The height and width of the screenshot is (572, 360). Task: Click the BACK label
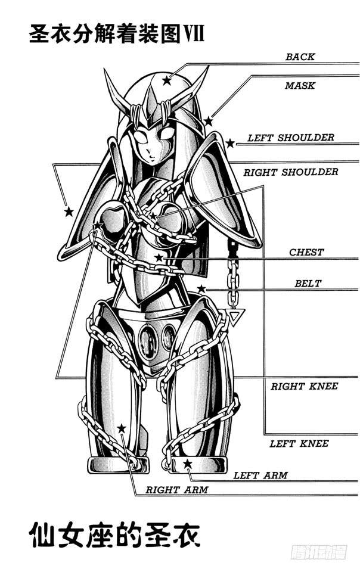(x=300, y=57)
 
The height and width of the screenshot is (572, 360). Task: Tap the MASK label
(x=300, y=86)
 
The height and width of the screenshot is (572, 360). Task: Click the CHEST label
(x=306, y=253)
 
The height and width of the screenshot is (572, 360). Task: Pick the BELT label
(x=308, y=284)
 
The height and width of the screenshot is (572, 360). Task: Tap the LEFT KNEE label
(x=299, y=443)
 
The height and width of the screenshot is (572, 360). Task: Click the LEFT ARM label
(x=260, y=475)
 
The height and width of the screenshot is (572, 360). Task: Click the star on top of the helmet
(x=166, y=80)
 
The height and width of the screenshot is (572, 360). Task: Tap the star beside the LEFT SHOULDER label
(x=230, y=143)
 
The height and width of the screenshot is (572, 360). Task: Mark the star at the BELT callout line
(x=201, y=289)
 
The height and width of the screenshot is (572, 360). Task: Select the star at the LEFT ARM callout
(x=188, y=464)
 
